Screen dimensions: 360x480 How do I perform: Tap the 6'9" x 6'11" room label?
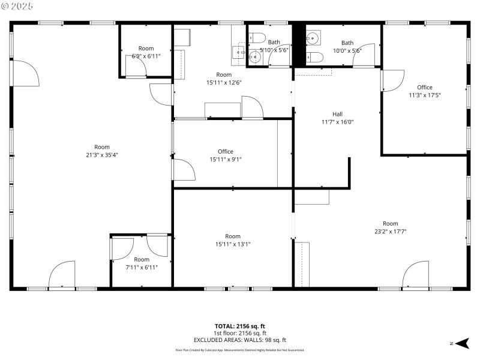pos(146,52)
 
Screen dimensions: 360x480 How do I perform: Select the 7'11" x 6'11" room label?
pos(142,263)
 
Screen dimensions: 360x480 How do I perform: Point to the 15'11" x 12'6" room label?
pos(224,78)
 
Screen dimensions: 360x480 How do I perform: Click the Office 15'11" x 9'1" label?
pos(226,155)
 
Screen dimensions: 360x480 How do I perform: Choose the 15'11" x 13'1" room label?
pos(233,240)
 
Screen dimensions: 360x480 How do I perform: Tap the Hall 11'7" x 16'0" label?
pos(337,118)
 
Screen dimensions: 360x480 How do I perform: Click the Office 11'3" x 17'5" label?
pos(425,91)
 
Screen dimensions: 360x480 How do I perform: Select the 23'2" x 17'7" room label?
pos(391,227)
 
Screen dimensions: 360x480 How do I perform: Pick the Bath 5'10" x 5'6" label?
pos(274,46)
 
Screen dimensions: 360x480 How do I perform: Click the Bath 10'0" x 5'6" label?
pos(347,47)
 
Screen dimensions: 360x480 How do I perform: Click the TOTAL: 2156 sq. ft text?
pos(240,326)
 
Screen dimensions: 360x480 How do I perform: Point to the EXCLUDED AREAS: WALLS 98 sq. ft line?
pos(240,340)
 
